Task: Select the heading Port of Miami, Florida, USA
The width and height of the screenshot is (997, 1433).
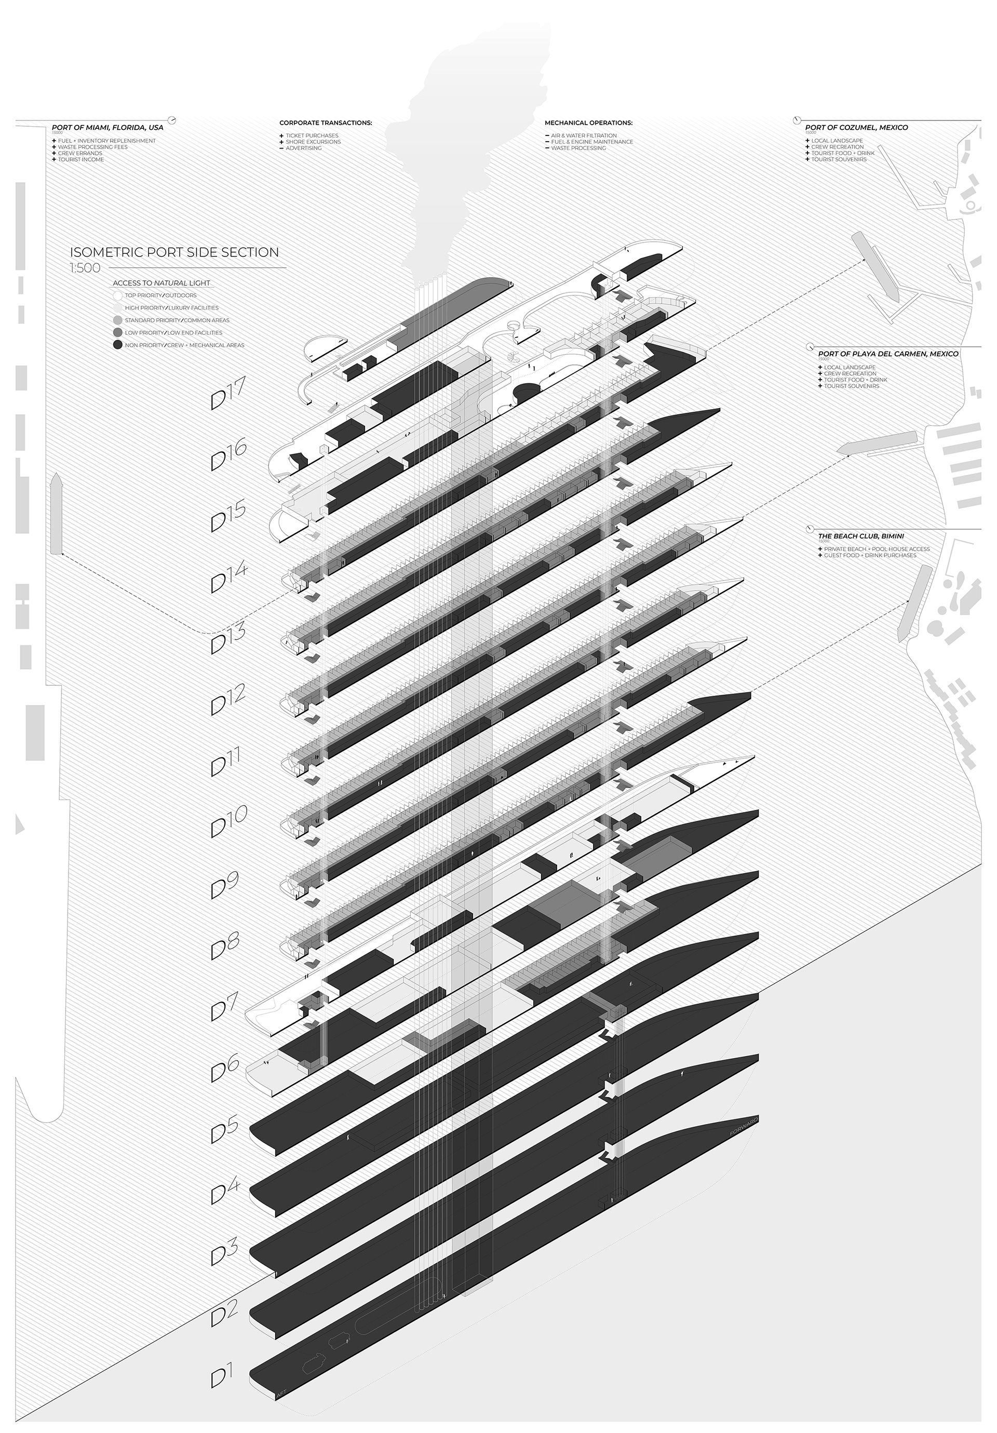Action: tap(107, 127)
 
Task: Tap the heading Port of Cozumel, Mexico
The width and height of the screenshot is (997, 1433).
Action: tap(856, 127)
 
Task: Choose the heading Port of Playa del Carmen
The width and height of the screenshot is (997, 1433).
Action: tap(888, 354)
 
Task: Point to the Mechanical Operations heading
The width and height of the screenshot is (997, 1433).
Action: tap(588, 123)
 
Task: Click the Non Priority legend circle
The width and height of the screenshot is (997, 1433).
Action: tap(117, 345)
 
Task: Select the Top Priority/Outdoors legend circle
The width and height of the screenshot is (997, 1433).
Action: tap(117, 295)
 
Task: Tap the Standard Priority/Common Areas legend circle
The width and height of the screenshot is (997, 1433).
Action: tap(117, 320)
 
